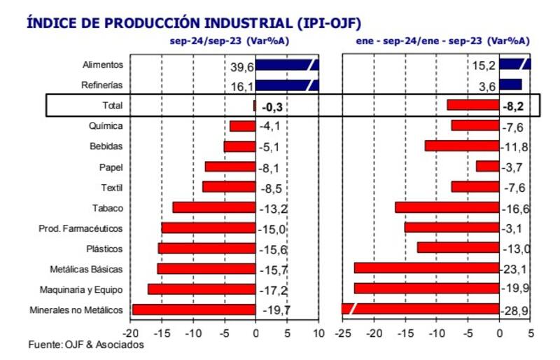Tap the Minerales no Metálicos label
coord(77,310)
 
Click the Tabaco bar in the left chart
coord(213,207)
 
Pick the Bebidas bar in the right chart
coord(462,146)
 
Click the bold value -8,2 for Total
coord(512,106)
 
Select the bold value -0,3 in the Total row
coord(272,106)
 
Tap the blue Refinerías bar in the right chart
coord(510,85)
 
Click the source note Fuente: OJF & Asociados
coord(86,345)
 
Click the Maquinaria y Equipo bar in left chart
coord(202,289)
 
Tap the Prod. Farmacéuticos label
coord(81,228)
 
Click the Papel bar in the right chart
coord(487,166)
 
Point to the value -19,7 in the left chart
coord(276,310)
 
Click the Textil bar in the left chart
coord(229,187)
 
